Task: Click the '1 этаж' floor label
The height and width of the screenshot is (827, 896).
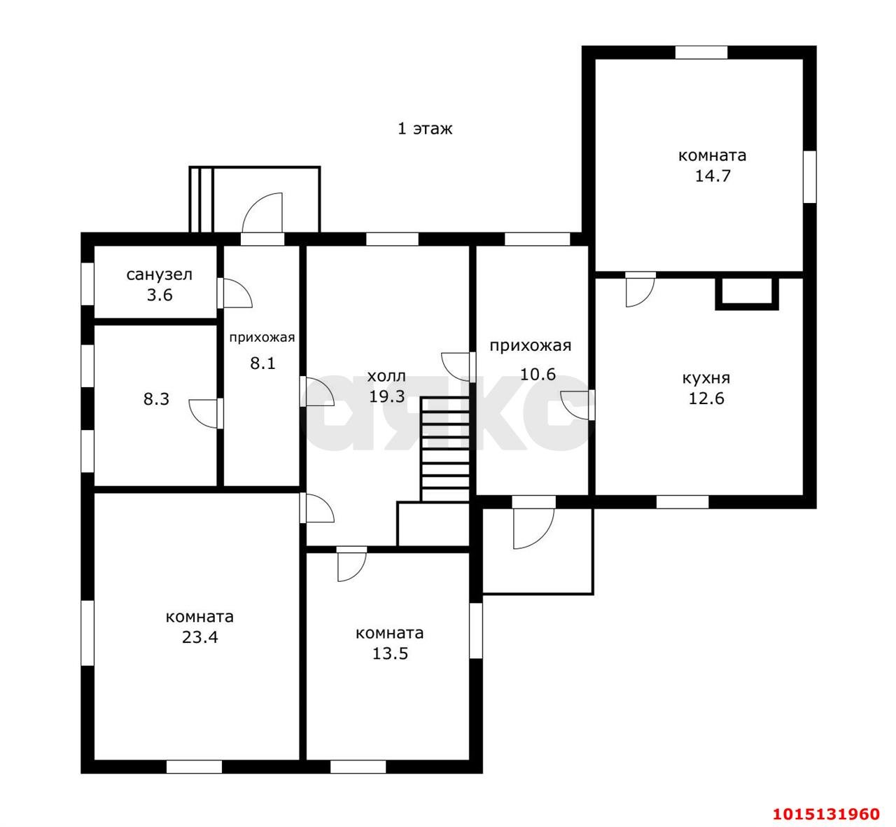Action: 424,129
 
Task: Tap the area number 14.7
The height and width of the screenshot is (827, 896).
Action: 713,176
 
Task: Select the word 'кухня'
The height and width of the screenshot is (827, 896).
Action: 706,378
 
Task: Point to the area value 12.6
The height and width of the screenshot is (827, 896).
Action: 706,398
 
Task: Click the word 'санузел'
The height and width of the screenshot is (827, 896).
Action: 160,275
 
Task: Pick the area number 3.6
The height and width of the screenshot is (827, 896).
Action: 160,296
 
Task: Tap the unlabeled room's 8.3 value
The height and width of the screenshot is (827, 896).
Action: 156,399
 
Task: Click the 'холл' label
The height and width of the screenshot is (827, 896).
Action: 386,376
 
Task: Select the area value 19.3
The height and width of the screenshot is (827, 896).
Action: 386,396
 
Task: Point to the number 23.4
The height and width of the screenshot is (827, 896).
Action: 200,637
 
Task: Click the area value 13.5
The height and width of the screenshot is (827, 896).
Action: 390,653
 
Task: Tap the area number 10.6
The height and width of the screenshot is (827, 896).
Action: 538,374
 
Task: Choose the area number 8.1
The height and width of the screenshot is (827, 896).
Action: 262,363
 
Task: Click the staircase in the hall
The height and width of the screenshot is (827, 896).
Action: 445,450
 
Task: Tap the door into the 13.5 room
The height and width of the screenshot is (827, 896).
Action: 352,564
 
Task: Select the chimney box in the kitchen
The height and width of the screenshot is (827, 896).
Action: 747,293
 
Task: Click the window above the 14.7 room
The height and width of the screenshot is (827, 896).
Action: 701,53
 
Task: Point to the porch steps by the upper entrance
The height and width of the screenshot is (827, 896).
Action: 201,200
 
